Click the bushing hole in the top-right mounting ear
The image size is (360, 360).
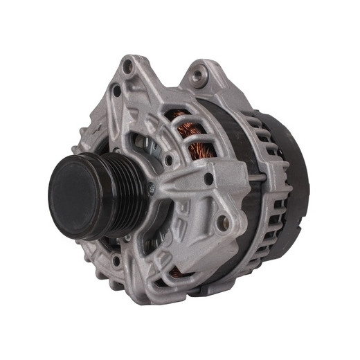click(201, 73)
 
